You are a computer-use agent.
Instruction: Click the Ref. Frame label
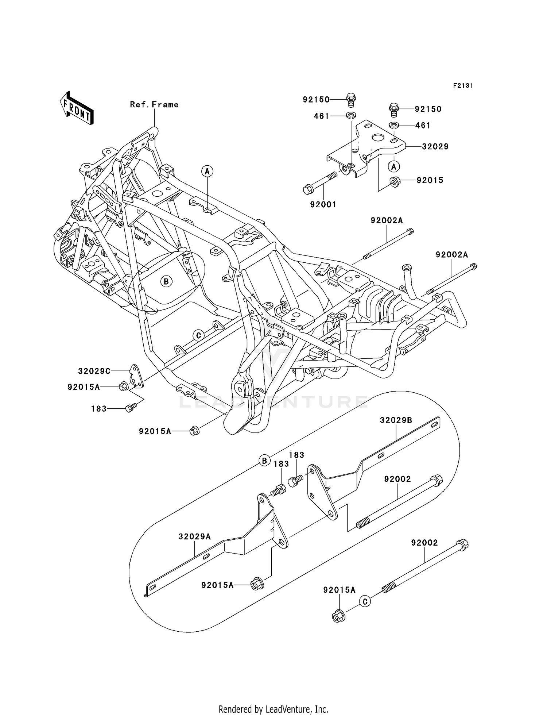coord(154,105)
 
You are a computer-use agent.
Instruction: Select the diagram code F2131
coord(463,86)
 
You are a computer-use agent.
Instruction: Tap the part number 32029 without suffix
coord(435,147)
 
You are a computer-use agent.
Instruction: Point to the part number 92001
coord(323,205)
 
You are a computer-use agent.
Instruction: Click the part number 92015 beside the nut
coord(430,180)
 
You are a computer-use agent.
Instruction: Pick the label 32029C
coord(94,371)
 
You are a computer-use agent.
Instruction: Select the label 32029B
coord(396,420)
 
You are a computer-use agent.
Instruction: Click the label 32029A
coord(194,537)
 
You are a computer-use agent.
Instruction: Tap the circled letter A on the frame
coord(207,171)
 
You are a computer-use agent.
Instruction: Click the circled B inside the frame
coord(166,281)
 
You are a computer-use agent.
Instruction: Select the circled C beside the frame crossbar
coord(198,335)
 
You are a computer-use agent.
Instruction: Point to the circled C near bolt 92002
coord(365,601)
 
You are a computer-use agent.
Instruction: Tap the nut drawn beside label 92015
coord(394,181)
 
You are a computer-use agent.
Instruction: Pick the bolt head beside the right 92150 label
coord(394,108)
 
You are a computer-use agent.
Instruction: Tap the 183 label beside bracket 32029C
coord(99,409)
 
